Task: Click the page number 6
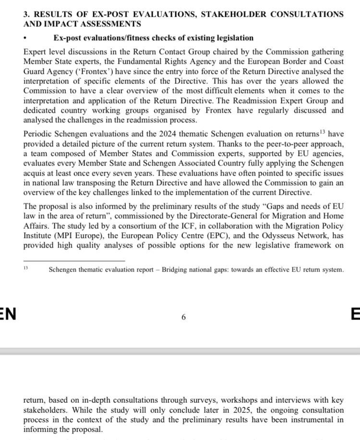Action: (x=184, y=317)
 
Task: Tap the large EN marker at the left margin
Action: (x=8, y=315)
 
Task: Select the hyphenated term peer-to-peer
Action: (x=277, y=144)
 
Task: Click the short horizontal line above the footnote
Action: (x=74, y=261)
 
